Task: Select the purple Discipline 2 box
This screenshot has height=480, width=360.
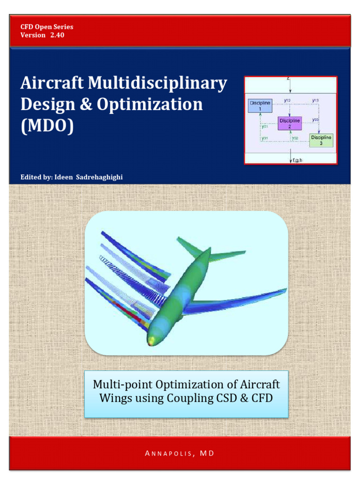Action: (290, 123)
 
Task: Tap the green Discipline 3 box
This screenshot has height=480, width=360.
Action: (321, 140)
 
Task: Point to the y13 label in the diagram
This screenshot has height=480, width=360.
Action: (315, 100)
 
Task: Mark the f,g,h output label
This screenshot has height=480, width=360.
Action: (297, 160)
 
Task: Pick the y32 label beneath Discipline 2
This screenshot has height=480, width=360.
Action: (295, 138)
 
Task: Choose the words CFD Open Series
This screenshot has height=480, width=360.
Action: (47, 27)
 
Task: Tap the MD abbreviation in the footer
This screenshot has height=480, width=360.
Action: (207, 453)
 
